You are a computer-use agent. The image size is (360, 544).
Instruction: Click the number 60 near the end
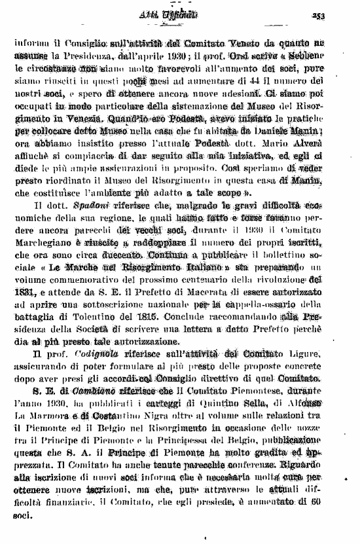pyautogui.click(x=334, y=503)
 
